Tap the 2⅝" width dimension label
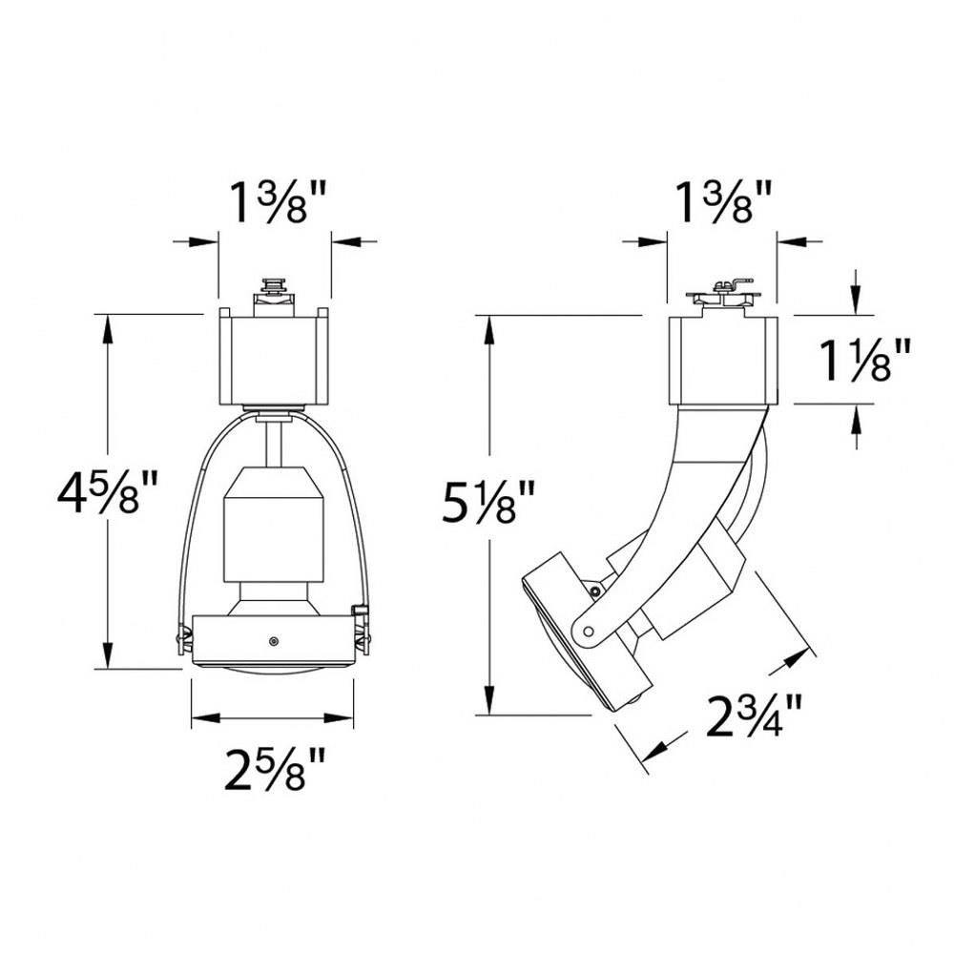click(x=275, y=769)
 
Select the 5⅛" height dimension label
click(x=488, y=502)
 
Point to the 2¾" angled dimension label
click(x=754, y=715)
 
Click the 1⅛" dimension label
click(x=865, y=361)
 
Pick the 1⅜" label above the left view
click(x=278, y=203)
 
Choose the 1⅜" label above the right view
click(x=723, y=203)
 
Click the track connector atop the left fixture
click(x=274, y=297)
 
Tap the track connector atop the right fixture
click(x=722, y=297)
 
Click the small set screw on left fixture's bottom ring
click(x=274, y=641)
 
